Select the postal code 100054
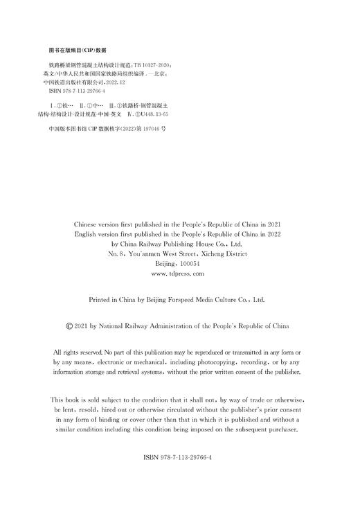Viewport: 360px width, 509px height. pos(188,264)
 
